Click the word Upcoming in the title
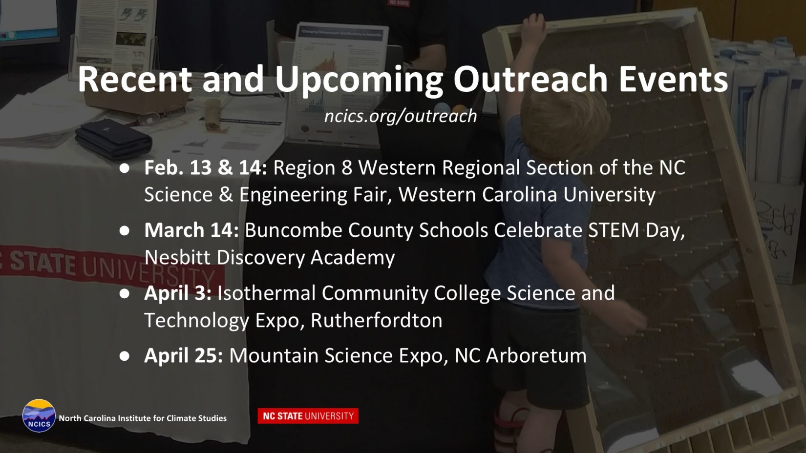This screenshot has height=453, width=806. click(359, 81)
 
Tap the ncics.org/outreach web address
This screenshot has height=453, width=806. click(401, 116)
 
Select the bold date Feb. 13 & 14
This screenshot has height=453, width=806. click(206, 167)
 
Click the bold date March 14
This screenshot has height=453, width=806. click(191, 230)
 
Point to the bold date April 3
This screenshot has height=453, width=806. click(178, 293)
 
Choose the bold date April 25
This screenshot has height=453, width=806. click(184, 356)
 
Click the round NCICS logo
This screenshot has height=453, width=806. click(39, 415)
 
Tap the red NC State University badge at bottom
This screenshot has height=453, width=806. click(308, 416)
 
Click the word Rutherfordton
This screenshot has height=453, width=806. click(376, 320)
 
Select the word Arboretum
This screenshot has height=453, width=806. click(536, 355)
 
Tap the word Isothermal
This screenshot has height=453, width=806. click(267, 293)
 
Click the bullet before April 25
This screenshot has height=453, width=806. click(125, 356)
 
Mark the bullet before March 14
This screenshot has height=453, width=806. click(125, 230)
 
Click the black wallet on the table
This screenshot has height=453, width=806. click(113, 140)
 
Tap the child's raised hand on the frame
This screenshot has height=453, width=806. click(533, 25)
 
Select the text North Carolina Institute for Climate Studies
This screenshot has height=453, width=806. click(143, 418)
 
